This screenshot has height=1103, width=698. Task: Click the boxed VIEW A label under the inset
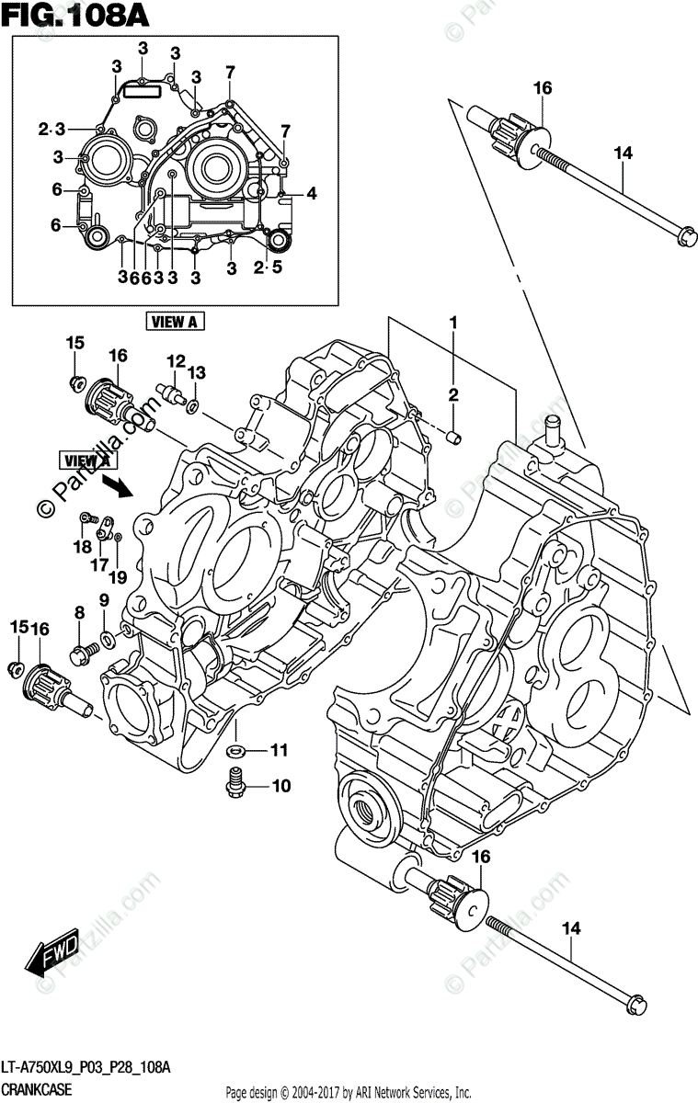[175, 321]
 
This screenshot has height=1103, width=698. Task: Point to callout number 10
[280, 786]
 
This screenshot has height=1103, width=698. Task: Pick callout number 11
[280, 750]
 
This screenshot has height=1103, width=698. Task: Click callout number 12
[175, 360]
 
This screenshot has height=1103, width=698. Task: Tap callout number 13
[196, 371]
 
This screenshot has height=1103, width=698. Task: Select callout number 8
[80, 612]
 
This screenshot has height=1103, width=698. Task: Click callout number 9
[104, 600]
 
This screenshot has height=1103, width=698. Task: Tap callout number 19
[117, 576]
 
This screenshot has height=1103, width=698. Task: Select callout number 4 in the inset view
[311, 194]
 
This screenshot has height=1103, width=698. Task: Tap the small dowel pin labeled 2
[452, 434]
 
